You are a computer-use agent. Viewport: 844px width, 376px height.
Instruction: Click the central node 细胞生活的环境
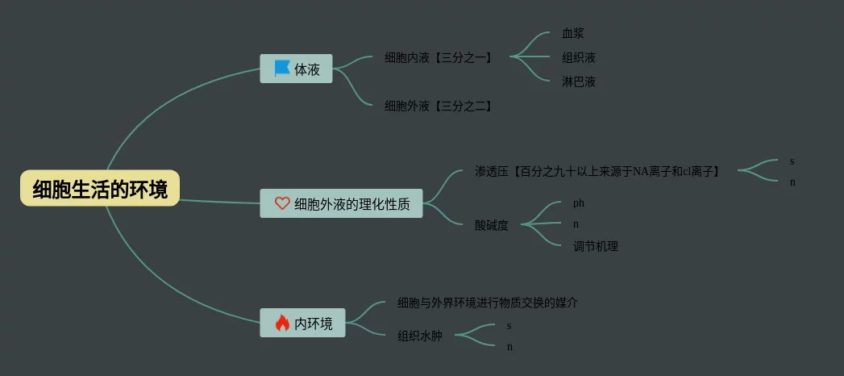100,190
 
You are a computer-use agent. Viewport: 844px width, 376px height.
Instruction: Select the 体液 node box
296,69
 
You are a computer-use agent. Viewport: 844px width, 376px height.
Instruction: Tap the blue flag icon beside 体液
281,69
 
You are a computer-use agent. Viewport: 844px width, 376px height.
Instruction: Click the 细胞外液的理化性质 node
341,204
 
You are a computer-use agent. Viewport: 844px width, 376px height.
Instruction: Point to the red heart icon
281,204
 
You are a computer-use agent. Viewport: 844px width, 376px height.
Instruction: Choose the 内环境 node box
302,324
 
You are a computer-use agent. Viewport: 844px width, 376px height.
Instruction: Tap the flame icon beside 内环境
281,324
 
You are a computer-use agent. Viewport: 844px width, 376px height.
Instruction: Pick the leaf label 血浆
573,34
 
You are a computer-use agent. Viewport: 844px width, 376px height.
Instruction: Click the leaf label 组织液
579,57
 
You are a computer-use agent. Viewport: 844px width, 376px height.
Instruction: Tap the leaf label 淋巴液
579,81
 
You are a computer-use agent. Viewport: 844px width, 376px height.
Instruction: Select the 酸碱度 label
492,225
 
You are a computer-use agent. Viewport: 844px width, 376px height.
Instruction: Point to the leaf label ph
579,203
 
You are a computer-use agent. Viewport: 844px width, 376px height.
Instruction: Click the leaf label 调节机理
595,246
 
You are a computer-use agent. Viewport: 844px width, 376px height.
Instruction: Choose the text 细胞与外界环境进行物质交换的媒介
488,303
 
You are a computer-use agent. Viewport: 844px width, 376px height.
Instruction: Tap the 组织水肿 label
420,336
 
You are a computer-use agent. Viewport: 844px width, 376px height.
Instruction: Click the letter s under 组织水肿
509,326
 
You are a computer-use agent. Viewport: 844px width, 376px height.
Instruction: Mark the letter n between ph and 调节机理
576,224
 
